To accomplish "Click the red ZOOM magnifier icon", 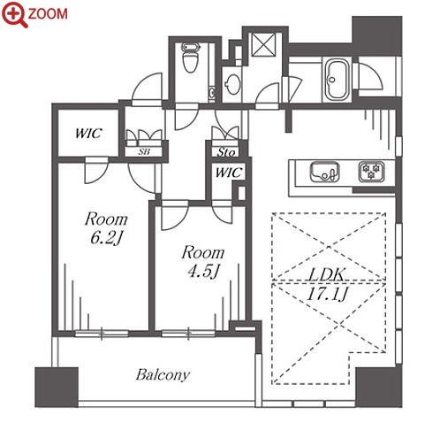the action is [x=15, y=14].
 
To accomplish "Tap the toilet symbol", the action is [x=190, y=58].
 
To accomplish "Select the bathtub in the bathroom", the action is [x=337, y=80].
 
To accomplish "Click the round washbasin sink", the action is [x=232, y=84].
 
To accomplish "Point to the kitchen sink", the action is [x=324, y=172].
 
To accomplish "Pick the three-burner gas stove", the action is [x=371, y=172].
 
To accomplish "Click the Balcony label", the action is [x=163, y=375].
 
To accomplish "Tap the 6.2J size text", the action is [x=106, y=238].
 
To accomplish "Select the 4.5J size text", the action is [x=203, y=272].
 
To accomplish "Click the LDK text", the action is [x=326, y=275].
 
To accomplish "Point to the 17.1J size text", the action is [x=327, y=294].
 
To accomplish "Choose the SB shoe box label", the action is [x=144, y=151].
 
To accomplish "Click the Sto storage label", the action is [x=226, y=152].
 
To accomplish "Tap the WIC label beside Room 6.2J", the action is [x=88, y=134].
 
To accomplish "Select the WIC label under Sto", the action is [x=229, y=173].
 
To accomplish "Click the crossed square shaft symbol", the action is [x=264, y=44].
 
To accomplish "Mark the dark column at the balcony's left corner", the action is [x=57, y=387].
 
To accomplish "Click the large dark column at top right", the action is [x=377, y=36].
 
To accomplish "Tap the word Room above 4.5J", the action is [x=203, y=253].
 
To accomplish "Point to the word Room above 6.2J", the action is [x=106, y=219].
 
